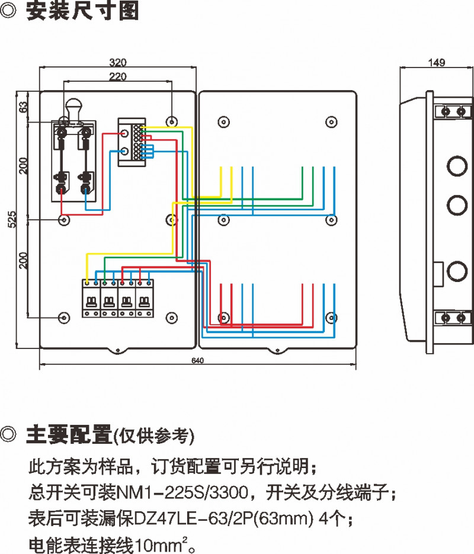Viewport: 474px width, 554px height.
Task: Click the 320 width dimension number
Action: click(118, 62)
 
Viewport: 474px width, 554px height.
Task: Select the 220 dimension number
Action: click(118, 76)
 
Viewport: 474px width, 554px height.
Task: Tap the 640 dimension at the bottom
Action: click(198, 361)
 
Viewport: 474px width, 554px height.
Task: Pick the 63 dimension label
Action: click(24, 107)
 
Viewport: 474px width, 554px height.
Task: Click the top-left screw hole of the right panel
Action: click(223, 121)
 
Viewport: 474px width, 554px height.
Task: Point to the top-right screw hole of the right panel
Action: click(331, 121)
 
